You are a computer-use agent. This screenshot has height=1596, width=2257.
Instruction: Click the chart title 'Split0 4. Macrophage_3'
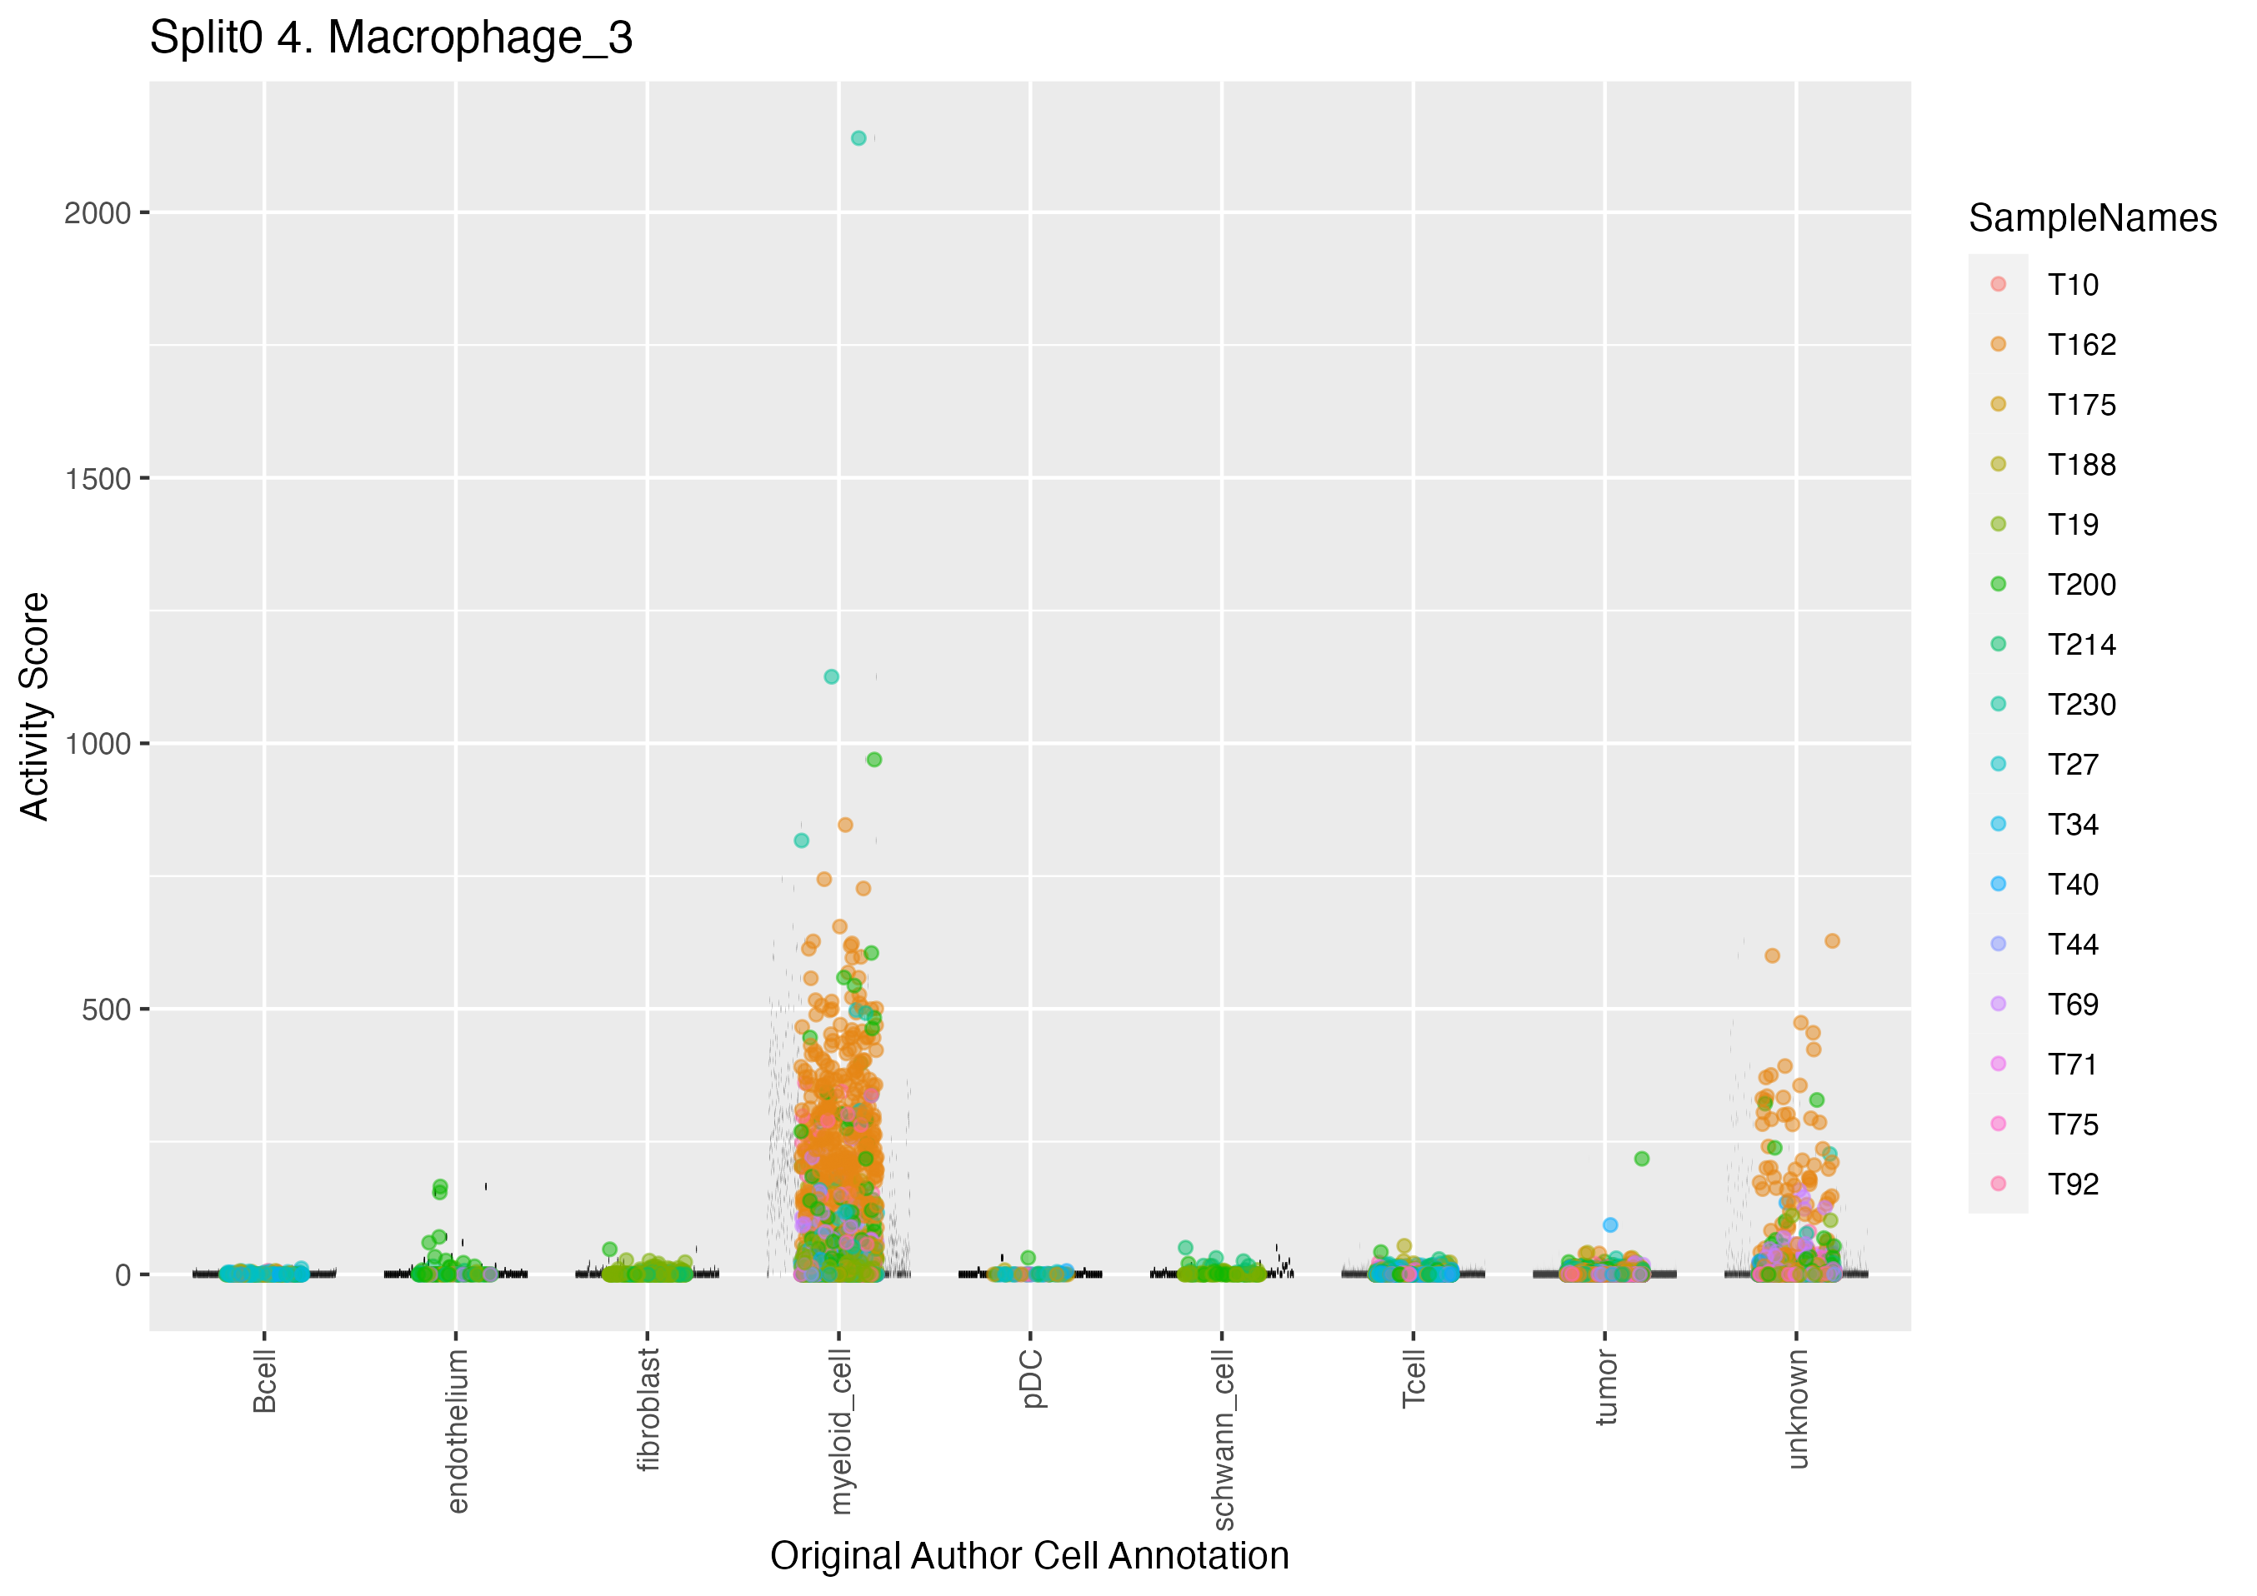(x=390, y=38)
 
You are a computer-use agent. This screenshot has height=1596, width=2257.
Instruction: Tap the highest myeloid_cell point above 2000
(x=858, y=138)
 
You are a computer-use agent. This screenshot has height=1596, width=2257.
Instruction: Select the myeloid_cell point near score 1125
(x=831, y=677)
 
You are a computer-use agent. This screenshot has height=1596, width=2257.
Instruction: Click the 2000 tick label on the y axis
(x=98, y=213)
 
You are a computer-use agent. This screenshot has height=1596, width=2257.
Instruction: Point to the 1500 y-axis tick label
(x=98, y=480)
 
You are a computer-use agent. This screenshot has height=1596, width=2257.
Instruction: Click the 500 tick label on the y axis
(x=106, y=1010)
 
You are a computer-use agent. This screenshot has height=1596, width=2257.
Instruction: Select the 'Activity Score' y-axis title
(x=34, y=706)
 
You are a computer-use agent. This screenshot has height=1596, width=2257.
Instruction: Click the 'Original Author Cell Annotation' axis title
(x=1029, y=1557)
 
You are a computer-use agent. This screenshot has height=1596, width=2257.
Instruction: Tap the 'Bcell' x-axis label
(x=264, y=1381)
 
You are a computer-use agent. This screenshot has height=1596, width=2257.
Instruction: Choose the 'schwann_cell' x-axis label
(x=1222, y=1439)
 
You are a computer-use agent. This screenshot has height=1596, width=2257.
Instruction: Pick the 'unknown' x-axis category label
(x=1797, y=1409)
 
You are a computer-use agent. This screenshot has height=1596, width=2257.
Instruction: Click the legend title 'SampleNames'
(x=2092, y=218)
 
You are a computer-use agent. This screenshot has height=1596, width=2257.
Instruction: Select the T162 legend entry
(x=2081, y=345)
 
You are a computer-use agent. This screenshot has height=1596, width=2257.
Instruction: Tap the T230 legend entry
(x=2081, y=705)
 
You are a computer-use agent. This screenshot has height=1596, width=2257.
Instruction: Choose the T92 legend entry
(x=2072, y=1185)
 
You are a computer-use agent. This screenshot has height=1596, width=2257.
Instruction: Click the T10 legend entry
(x=2072, y=285)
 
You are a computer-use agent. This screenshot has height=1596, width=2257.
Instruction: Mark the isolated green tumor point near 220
(x=1642, y=1159)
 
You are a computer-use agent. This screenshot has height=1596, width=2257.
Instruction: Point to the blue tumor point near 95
(x=1610, y=1224)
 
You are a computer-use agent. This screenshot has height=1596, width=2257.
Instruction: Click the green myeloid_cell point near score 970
(x=874, y=760)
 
